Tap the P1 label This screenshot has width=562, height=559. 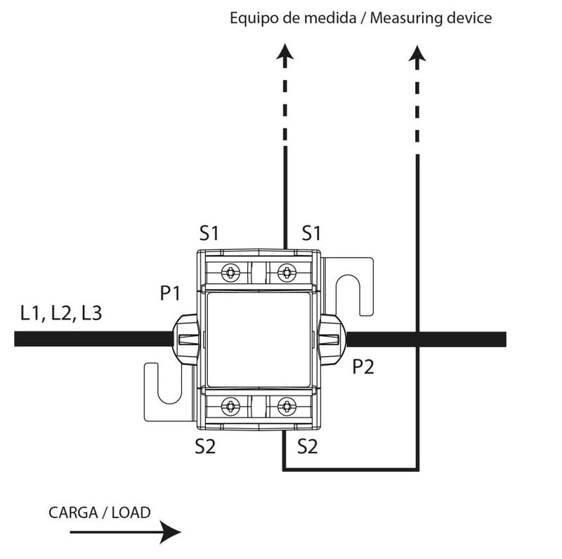coord(170,293)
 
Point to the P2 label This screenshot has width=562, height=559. coord(362,367)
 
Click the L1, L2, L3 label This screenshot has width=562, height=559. coord(60,313)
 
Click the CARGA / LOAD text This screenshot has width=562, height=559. coord(99,513)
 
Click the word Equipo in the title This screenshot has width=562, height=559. coord(251,18)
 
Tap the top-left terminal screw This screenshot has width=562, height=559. coord(230,272)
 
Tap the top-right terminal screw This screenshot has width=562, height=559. coord(286,272)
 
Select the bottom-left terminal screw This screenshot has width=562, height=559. coord(230,405)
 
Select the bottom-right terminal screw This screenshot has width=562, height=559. coord(286,405)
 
